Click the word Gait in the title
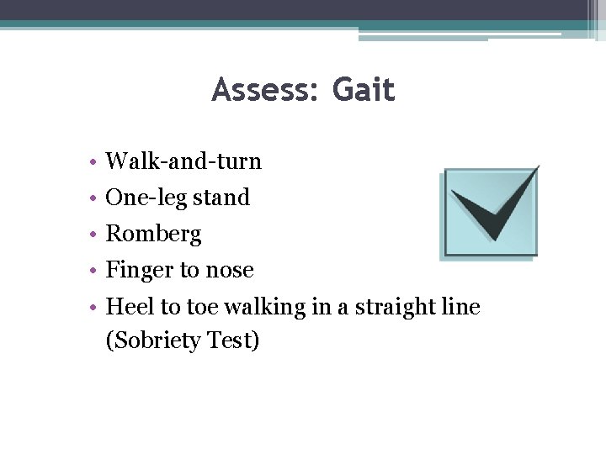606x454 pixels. (x=364, y=90)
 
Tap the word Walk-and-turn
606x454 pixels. (x=183, y=161)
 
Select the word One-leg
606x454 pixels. (x=145, y=198)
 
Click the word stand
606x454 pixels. (x=221, y=198)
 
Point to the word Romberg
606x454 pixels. (x=153, y=234)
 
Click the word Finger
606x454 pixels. (x=138, y=270)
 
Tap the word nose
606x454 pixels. (x=230, y=271)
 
